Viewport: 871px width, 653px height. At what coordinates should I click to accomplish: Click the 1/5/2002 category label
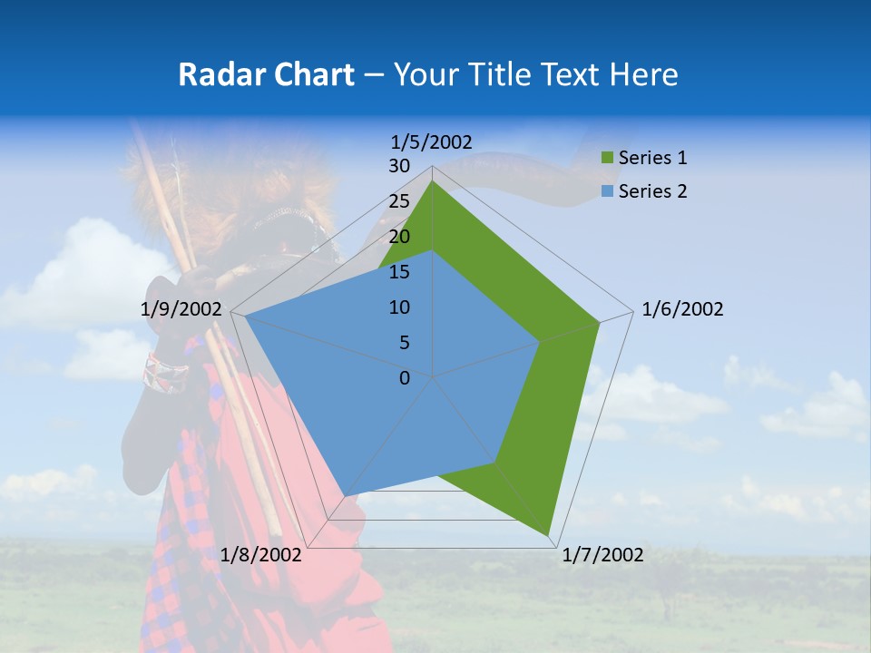click(x=432, y=141)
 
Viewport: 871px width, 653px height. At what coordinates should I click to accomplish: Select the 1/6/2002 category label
click(x=682, y=309)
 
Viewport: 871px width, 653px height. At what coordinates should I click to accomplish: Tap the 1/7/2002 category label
click(x=602, y=555)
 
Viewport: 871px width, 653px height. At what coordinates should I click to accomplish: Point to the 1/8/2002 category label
click(x=261, y=555)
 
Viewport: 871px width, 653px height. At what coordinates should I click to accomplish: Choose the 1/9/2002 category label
click(x=181, y=309)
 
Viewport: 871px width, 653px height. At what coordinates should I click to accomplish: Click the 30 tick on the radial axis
click(x=399, y=166)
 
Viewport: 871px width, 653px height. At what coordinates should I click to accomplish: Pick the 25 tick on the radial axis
click(x=399, y=201)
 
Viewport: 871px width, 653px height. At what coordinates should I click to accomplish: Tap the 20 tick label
click(x=399, y=237)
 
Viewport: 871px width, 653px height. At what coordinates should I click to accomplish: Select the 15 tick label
click(x=399, y=272)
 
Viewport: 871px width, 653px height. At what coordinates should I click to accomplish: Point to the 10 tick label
click(x=399, y=307)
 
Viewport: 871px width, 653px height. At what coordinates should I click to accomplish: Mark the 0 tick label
click(x=405, y=378)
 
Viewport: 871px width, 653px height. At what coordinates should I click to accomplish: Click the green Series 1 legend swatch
click(x=607, y=159)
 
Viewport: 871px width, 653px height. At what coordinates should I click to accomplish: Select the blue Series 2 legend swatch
click(x=607, y=191)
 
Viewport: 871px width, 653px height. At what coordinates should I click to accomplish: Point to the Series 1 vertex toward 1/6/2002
click(x=599, y=322)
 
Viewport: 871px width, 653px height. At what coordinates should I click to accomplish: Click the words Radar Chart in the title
click(x=266, y=74)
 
